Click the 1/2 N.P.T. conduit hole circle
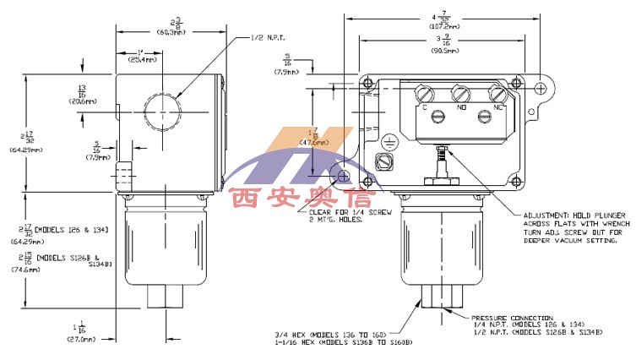(160, 111)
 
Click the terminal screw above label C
(425, 91)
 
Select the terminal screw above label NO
(461, 91)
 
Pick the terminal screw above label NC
(498, 91)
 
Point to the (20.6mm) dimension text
(81, 100)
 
